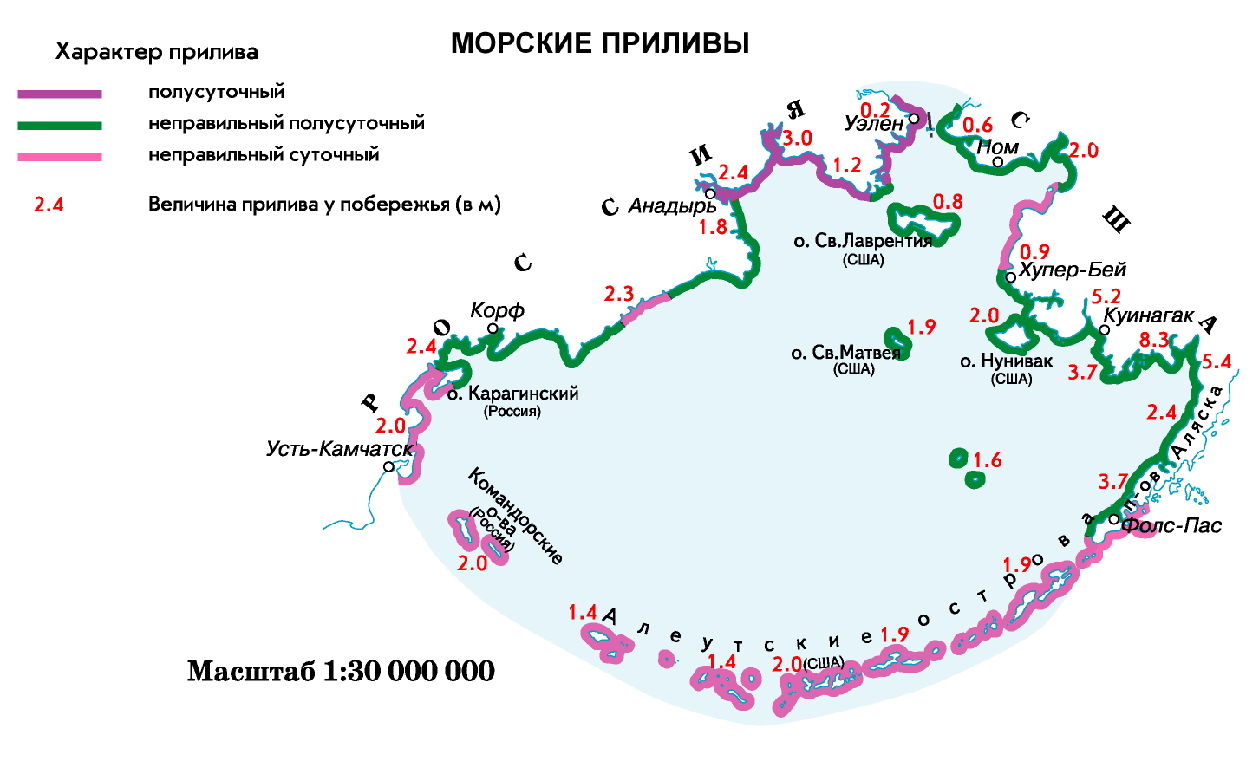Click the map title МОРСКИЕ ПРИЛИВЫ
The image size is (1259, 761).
click(x=600, y=43)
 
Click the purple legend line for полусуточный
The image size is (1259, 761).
click(x=60, y=94)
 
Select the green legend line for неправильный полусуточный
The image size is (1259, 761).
click(x=60, y=126)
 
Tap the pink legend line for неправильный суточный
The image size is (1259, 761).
click(x=60, y=157)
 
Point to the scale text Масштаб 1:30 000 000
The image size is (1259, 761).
click(x=341, y=671)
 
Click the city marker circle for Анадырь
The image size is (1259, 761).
click(x=710, y=193)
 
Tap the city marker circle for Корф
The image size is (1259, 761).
click(x=493, y=328)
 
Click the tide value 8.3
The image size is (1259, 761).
click(x=1155, y=340)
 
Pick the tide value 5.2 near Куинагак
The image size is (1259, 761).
click(x=1106, y=296)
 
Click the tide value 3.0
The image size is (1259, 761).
click(x=797, y=138)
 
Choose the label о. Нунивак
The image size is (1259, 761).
click(x=1007, y=361)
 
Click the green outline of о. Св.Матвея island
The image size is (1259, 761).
click(x=896, y=343)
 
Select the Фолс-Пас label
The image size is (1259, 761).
click(x=1171, y=525)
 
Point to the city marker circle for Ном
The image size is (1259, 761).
click(x=998, y=162)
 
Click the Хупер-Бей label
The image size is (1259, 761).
click(x=1073, y=270)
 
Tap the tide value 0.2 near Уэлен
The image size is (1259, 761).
click(x=875, y=109)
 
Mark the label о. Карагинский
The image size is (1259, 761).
click(x=513, y=394)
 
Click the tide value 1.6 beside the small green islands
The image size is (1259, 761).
click(x=988, y=459)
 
